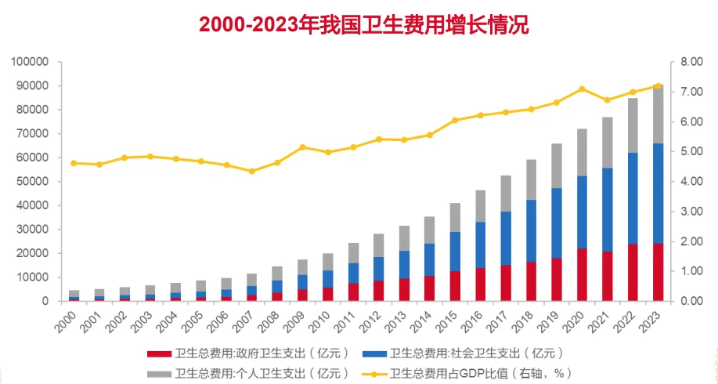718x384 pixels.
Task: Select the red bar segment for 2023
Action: click(x=658, y=272)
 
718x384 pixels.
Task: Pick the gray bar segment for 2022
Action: click(x=633, y=125)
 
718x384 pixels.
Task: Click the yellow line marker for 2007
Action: click(x=252, y=171)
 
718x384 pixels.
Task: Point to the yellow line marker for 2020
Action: click(x=582, y=89)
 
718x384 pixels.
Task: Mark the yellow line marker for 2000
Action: click(x=74, y=163)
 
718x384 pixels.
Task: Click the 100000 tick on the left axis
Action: click(x=31, y=61)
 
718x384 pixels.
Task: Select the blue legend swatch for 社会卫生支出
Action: click(x=372, y=352)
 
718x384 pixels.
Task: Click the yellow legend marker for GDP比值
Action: click(x=372, y=373)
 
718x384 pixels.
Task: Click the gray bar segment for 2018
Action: click(x=532, y=179)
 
